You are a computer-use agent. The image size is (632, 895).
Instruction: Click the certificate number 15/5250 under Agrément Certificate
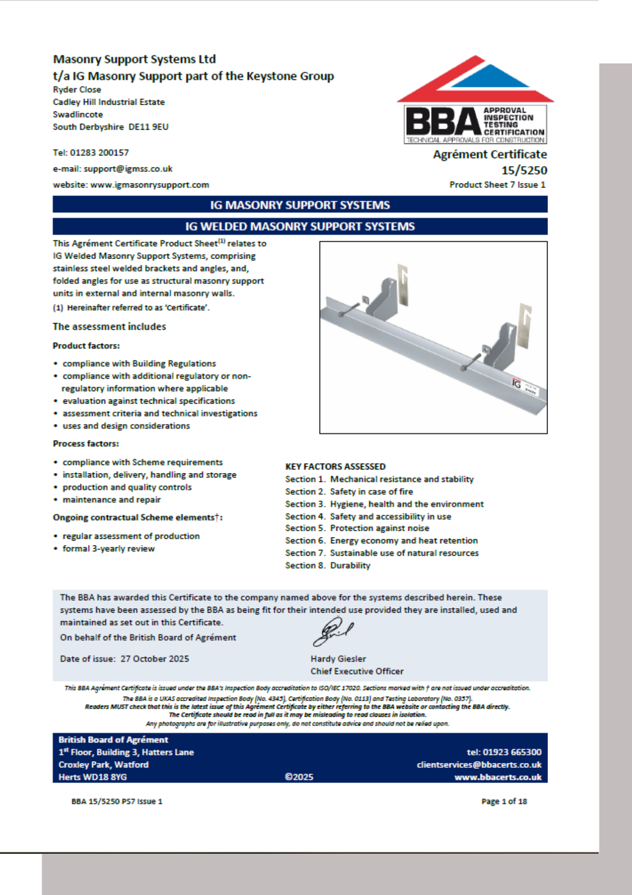tap(524, 170)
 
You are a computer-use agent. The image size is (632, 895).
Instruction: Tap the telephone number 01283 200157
tap(99, 153)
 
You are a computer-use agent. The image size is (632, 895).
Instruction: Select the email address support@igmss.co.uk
tap(128, 169)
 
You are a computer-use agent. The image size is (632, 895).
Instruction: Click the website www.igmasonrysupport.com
tap(150, 185)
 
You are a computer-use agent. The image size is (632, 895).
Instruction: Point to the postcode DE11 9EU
tap(148, 127)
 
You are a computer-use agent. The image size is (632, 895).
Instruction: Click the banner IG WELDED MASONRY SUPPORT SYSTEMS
tap(300, 226)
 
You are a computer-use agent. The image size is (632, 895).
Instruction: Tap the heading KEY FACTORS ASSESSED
tap(335, 466)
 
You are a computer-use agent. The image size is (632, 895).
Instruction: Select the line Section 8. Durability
tap(328, 566)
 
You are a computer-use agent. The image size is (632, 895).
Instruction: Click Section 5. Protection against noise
tap(357, 528)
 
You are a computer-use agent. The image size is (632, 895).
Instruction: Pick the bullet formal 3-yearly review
tap(109, 549)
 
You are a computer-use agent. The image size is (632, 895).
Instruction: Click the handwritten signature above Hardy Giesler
tap(333, 631)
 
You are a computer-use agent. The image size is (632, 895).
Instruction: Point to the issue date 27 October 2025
tap(155, 659)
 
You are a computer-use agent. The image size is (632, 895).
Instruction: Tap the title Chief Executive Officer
tap(357, 671)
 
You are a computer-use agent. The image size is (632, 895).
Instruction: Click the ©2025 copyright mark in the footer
tap(299, 777)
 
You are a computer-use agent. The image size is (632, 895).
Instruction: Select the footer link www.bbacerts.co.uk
tap(498, 777)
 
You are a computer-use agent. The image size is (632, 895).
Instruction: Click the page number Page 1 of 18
tap(504, 801)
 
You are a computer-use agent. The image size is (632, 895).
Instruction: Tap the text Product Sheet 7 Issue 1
tap(497, 185)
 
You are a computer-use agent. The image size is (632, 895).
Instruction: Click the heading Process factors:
tap(86, 443)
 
